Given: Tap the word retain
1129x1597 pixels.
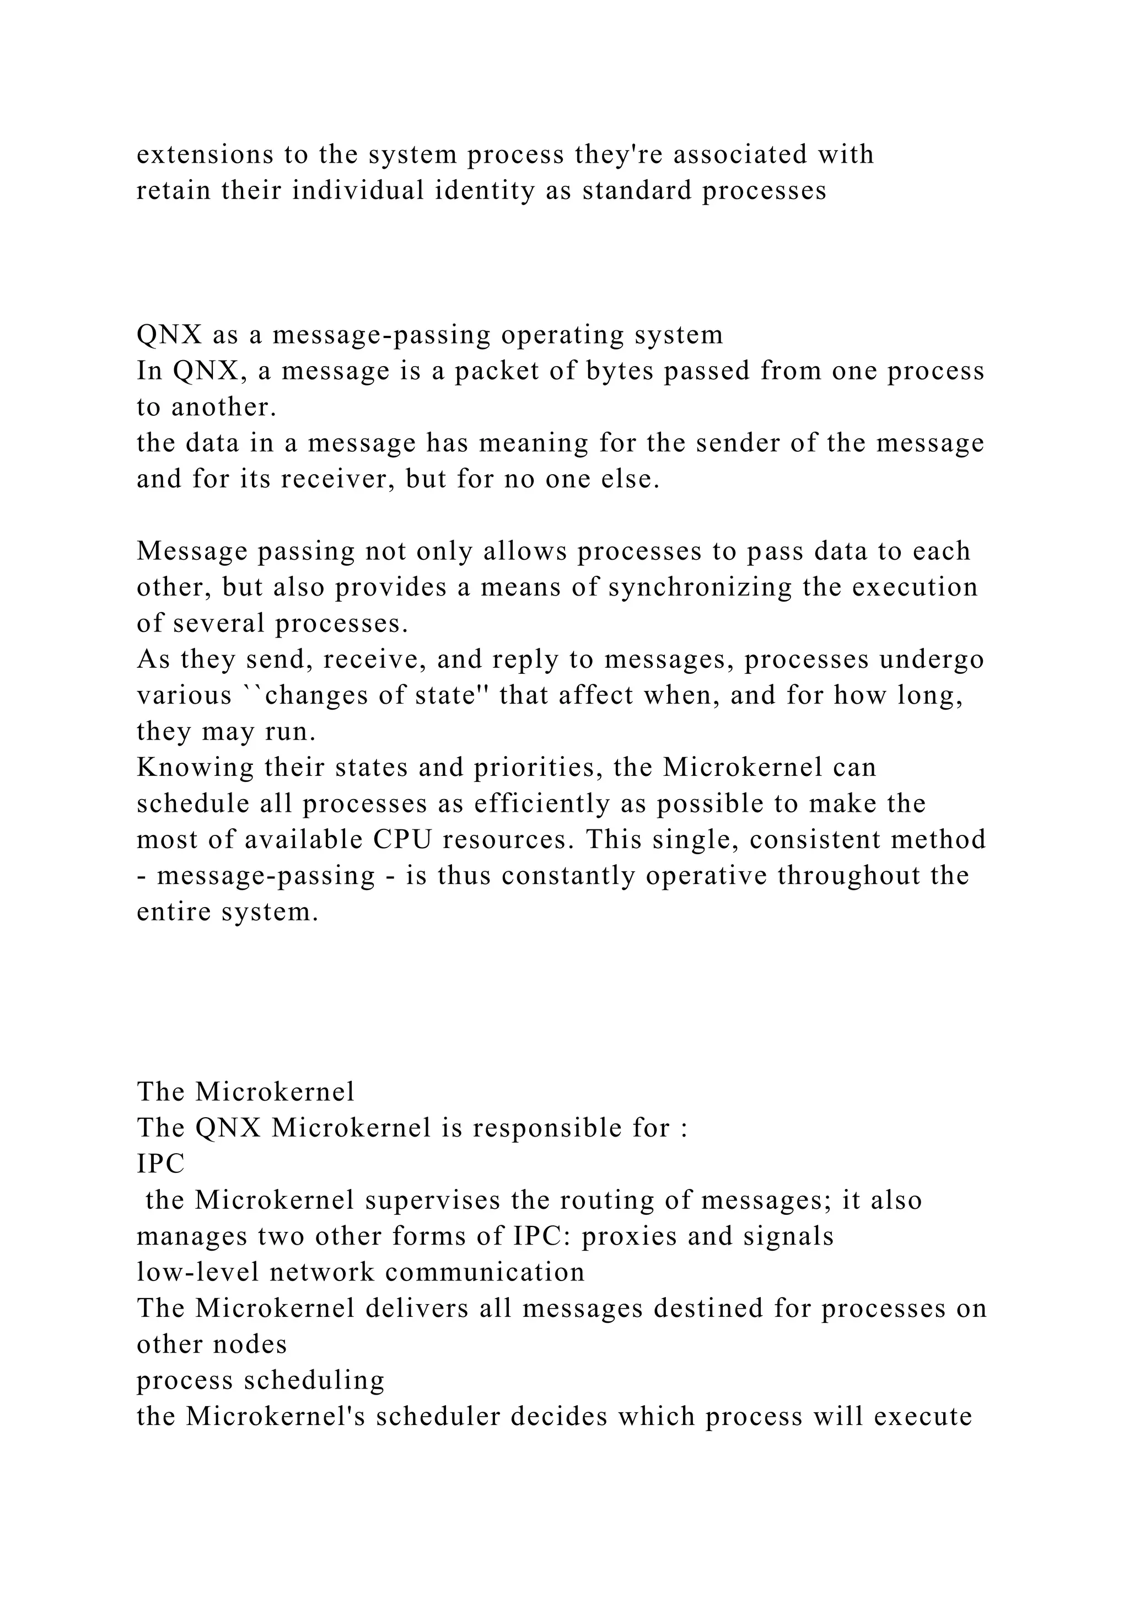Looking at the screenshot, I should (173, 191).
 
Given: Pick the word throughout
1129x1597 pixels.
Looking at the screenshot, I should (849, 876).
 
